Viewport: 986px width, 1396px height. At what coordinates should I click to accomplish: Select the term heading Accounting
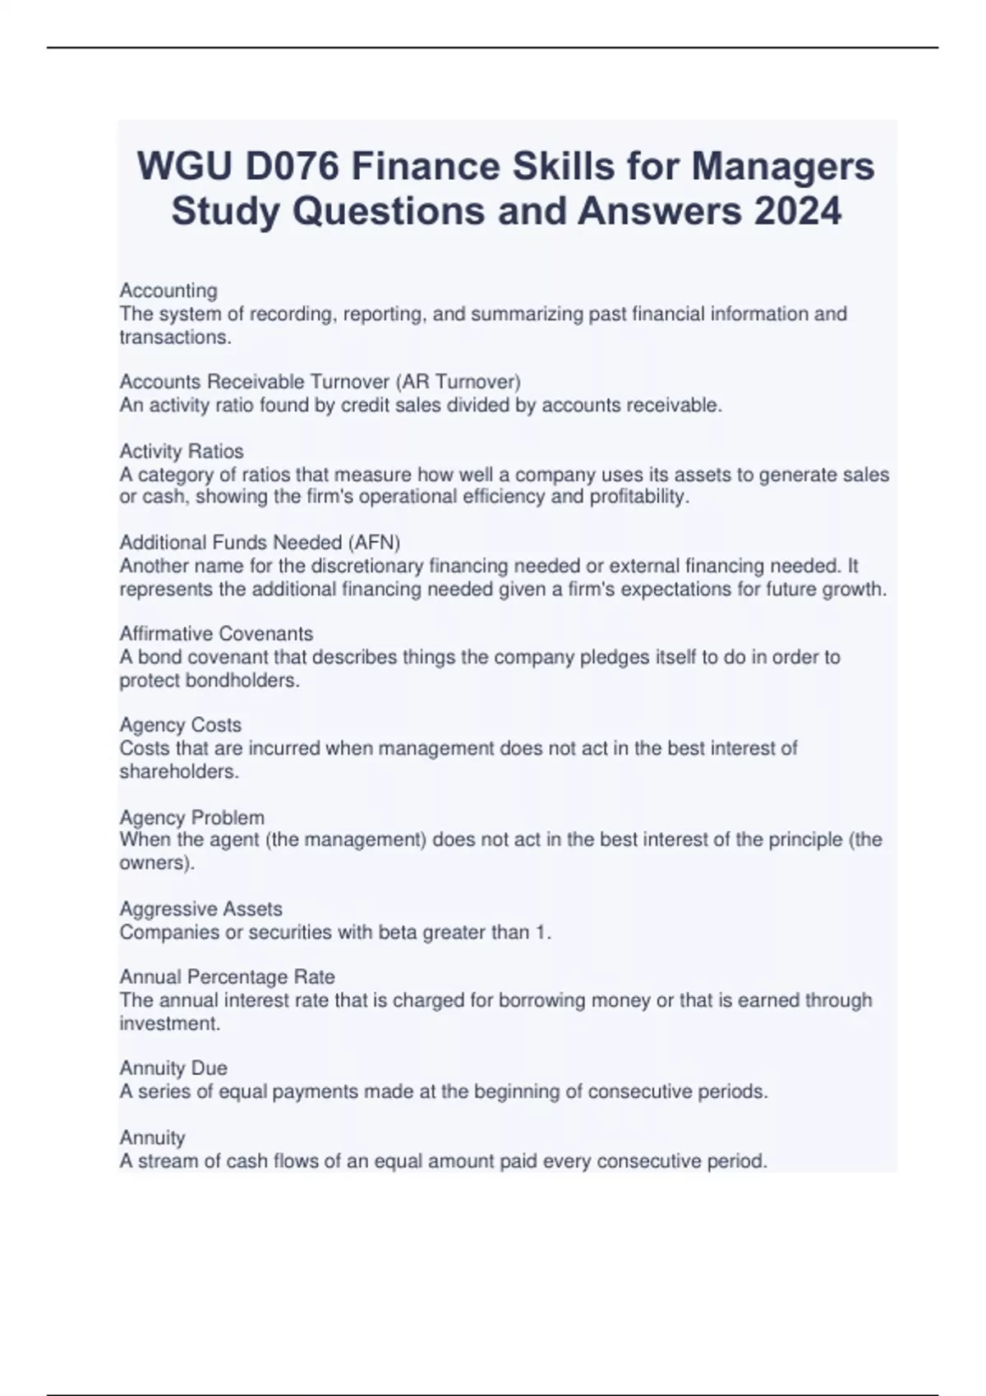[168, 291]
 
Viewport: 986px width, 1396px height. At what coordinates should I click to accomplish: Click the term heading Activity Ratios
[182, 451]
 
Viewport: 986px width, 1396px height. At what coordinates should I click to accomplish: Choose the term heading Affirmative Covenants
[216, 633]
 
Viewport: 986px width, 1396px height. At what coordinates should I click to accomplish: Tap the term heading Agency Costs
[180, 725]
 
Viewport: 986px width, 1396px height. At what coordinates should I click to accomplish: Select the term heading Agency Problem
[191, 817]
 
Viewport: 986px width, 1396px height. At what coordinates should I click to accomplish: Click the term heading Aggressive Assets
[200, 908]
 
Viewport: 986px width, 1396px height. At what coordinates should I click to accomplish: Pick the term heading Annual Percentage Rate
[227, 976]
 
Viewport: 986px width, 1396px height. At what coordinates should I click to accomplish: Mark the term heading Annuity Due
[173, 1068]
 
